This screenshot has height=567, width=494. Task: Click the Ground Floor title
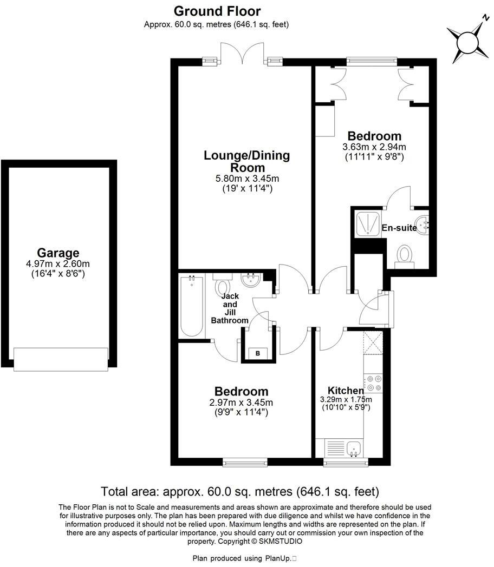tap(217, 11)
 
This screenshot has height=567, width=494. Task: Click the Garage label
tap(58, 253)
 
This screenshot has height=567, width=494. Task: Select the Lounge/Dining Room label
tap(246, 161)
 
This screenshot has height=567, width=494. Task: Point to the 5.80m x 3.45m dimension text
tap(246, 179)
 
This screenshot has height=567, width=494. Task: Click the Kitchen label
tap(346, 391)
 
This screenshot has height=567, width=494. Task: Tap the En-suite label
tap(399, 228)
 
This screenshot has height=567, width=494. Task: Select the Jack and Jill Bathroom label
tap(230, 308)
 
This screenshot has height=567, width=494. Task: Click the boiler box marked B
tap(258, 354)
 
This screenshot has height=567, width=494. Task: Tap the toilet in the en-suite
tap(404, 255)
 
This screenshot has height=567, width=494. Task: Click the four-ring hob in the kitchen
tap(373, 383)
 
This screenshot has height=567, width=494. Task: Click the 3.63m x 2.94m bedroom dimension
tap(374, 147)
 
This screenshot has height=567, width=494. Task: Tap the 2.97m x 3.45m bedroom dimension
tap(242, 403)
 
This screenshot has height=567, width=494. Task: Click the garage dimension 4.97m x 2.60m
tap(58, 264)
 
